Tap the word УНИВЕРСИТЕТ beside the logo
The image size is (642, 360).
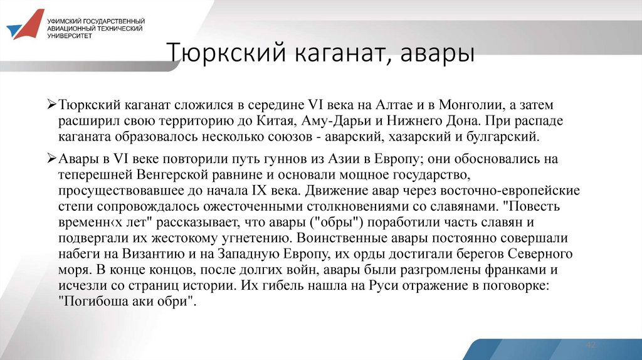(70, 36)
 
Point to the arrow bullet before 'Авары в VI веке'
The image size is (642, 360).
(53, 159)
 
